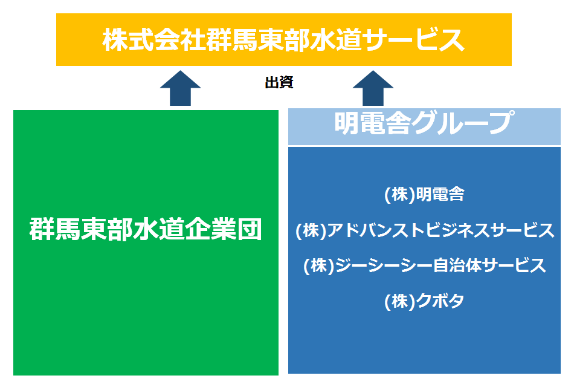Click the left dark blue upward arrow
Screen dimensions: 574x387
tap(180, 88)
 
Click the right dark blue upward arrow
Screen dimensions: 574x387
tap(373, 88)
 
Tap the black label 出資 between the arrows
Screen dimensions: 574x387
tap(279, 82)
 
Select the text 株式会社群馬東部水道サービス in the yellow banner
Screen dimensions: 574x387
tap(283, 39)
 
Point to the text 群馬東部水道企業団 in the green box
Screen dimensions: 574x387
tap(146, 229)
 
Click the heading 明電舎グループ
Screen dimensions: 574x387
tap(424, 123)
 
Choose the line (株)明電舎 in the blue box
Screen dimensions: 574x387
tap(424, 194)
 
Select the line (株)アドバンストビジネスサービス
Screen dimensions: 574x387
tap(425, 230)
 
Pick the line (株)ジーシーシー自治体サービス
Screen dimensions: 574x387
tap(425, 265)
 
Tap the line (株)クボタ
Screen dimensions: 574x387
tap(424, 301)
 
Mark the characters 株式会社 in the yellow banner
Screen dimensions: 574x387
tap(153, 39)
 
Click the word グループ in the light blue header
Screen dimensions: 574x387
tap(463, 123)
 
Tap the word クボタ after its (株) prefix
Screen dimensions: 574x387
tap(440, 301)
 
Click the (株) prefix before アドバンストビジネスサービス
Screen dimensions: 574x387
tap(311, 230)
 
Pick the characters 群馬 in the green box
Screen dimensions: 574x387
tap(55, 229)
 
